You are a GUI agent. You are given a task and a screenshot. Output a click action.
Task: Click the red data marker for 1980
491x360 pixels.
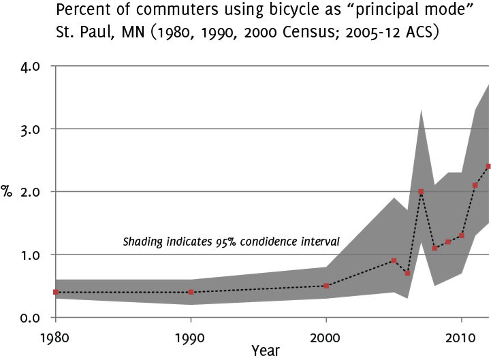(55, 292)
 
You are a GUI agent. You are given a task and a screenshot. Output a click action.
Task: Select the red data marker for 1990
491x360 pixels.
(191, 292)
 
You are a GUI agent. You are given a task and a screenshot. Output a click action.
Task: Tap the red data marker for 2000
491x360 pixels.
(326, 286)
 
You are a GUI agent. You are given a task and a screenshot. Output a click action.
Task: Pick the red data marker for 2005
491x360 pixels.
(394, 261)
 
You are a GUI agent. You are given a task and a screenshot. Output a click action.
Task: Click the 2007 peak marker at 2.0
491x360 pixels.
(421, 192)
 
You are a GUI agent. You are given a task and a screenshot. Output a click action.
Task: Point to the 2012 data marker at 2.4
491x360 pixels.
(488, 166)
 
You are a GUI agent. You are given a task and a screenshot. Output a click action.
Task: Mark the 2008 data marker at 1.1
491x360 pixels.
(434, 248)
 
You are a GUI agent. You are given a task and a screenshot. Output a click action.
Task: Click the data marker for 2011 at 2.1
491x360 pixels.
(475, 185)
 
